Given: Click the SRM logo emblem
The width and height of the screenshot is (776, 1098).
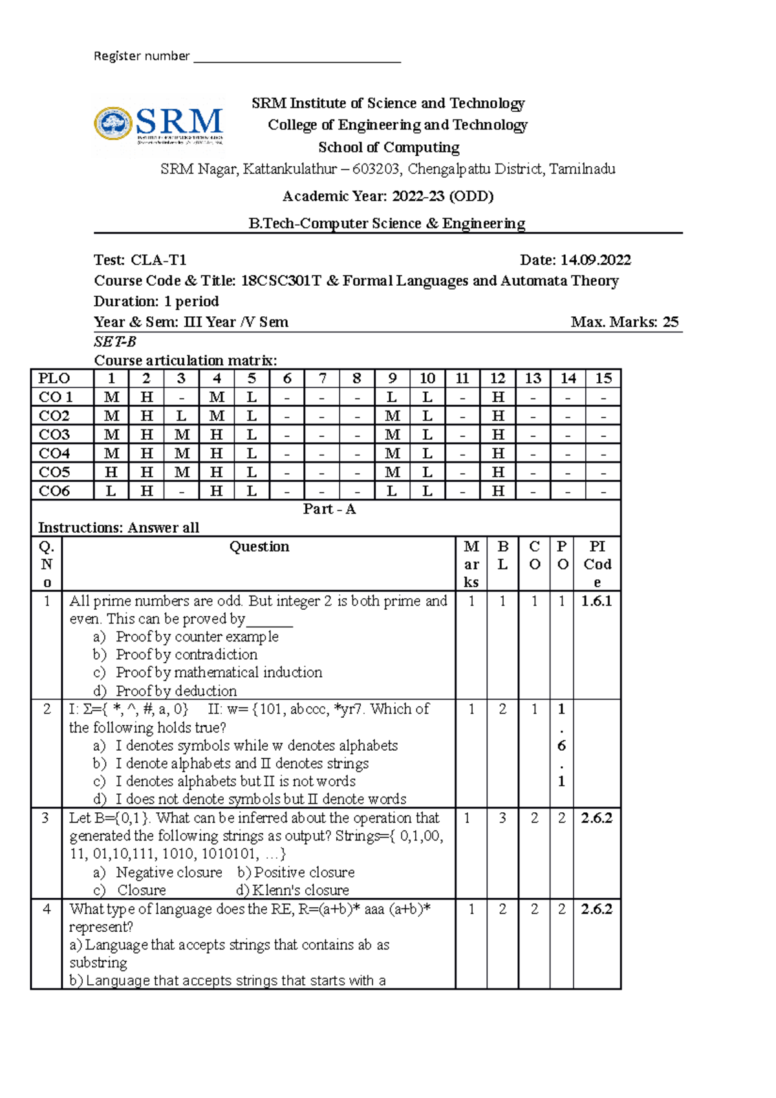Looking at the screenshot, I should click(113, 124).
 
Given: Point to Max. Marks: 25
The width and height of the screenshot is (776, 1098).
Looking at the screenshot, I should click(624, 322).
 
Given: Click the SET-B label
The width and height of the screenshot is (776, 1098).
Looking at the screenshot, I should click(115, 341).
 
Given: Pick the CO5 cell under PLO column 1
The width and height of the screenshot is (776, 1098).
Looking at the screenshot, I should click(111, 472).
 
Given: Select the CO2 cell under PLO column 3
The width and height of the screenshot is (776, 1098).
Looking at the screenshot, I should click(182, 416).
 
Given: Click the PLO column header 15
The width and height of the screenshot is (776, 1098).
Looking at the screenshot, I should click(603, 378).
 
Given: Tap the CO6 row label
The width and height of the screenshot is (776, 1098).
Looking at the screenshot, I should click(54, 491).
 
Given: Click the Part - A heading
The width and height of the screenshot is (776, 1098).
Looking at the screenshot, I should click(329, 509).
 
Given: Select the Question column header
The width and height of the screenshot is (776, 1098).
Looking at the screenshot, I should click(259, 546).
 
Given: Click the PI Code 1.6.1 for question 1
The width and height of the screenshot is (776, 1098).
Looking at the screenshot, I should click(596, 601).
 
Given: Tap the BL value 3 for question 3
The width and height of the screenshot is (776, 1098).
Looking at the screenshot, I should click(502, 818).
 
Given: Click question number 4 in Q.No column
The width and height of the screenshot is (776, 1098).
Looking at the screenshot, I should click(47, 909).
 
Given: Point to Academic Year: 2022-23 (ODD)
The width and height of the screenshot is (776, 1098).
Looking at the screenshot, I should click(388, 196).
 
